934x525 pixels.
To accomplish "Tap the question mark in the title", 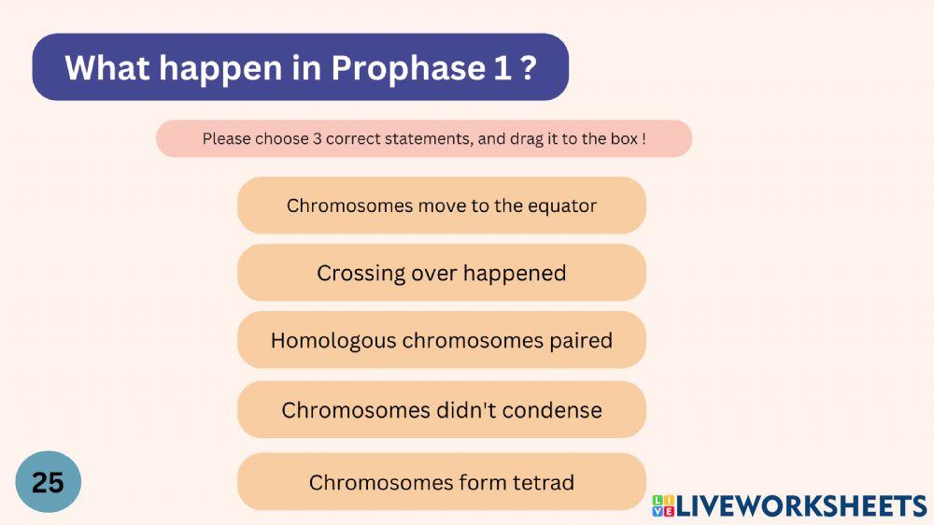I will [x=529, y=68].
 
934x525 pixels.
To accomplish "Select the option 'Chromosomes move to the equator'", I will [x=441, y=206].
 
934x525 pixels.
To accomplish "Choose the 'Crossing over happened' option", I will [x=441, y=273].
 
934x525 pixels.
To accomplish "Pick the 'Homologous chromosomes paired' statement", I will [x=441, y=340].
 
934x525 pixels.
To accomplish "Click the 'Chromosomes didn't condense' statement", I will [x=441, y=410].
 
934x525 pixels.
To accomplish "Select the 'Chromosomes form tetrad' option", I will [x=441, y=482].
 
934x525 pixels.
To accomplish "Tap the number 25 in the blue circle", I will [x=48, y=482].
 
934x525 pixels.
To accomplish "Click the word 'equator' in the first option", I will [x=561, y=206].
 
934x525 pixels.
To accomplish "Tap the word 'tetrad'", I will [x=543, y=482].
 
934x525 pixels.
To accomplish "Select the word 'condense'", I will [x=559, y=410].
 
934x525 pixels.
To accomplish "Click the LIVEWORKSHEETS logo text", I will [x=801, y=506].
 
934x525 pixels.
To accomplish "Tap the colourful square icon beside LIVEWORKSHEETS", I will [x=663, y=506].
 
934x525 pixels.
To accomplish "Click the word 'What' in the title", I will [x=100, y=68].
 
